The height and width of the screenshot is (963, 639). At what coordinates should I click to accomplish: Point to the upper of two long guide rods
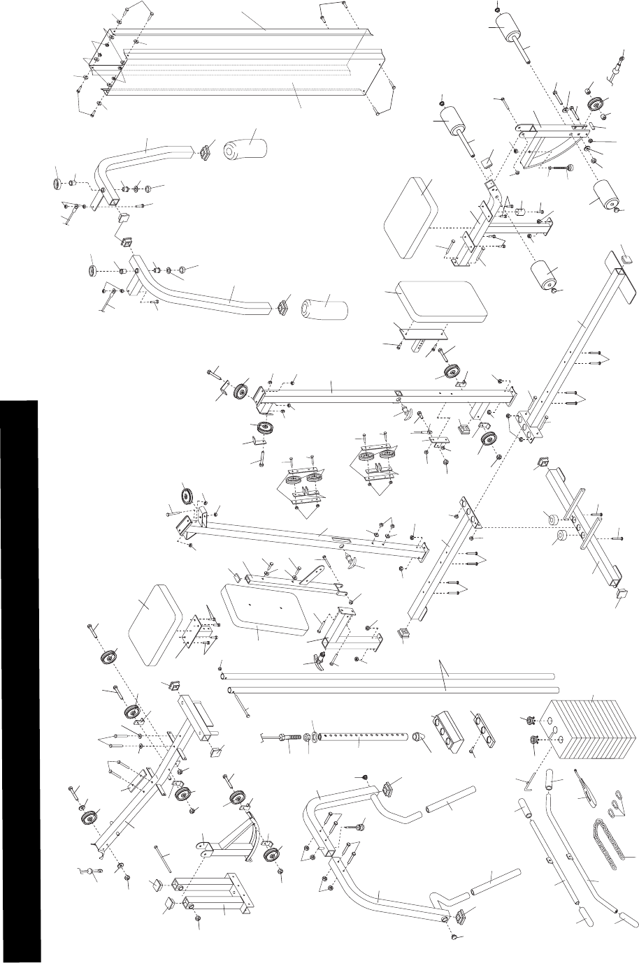point(388,676)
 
